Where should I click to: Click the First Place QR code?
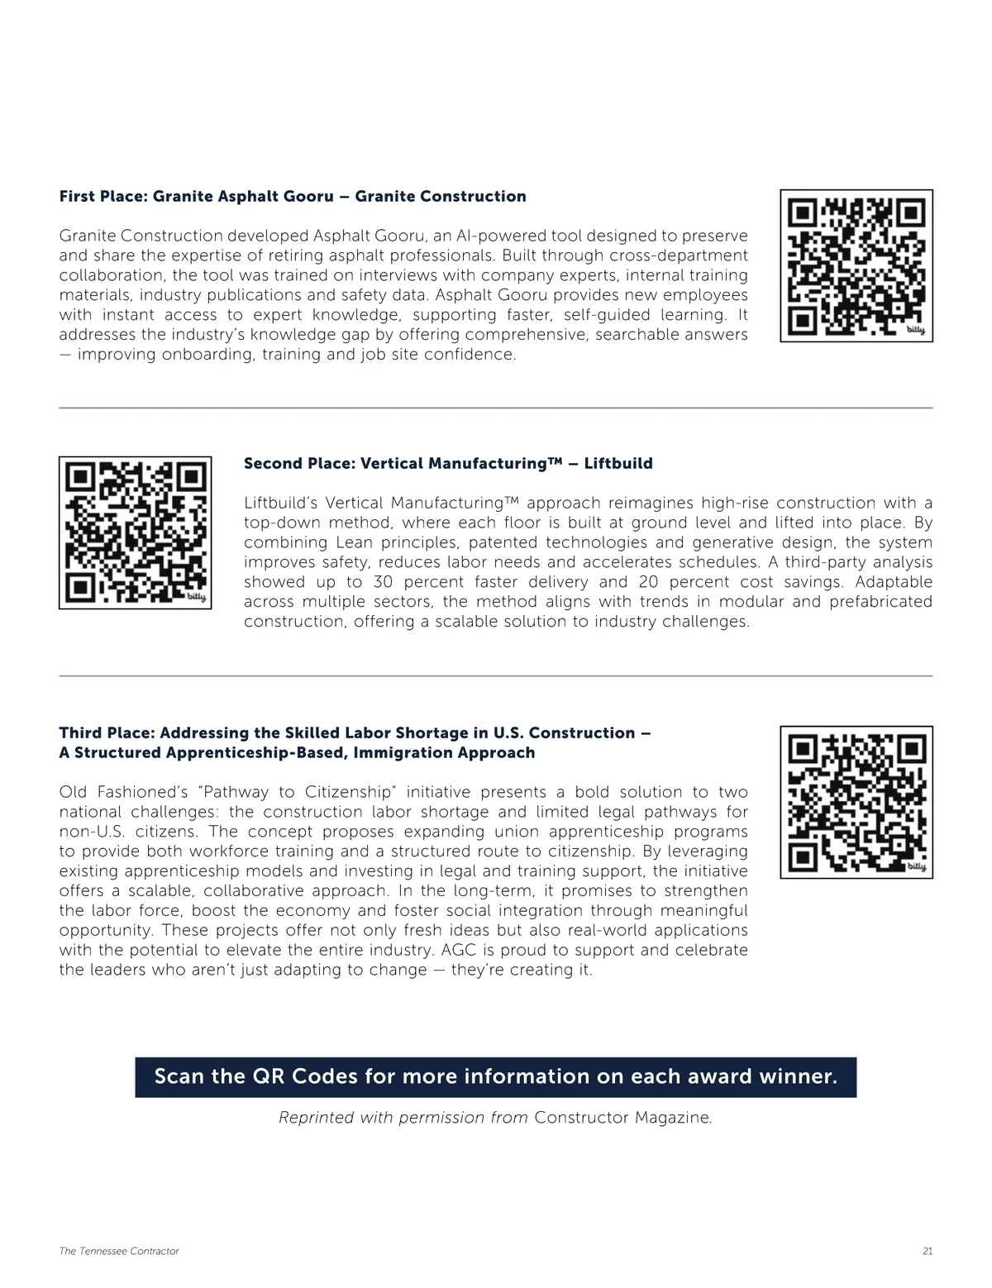click(856, 265)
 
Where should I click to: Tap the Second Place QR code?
click(135, 532)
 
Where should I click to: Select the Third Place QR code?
click(856, 802)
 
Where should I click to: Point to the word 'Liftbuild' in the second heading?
click(618, 464)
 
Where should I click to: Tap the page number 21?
click(927, 1251)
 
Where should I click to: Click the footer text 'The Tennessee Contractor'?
click(119, 1251)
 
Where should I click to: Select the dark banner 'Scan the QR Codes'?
click(495, 1077)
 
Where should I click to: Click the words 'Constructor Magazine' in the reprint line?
click(622, 1118)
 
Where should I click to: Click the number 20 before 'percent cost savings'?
click(649, 582)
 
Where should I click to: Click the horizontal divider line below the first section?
click(495, 408)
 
